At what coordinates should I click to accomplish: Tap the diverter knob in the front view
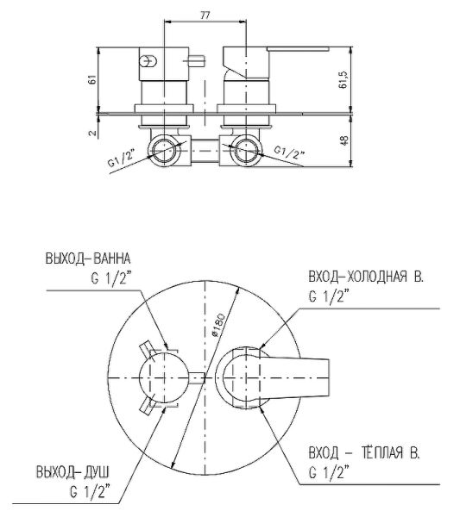point(163,377)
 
